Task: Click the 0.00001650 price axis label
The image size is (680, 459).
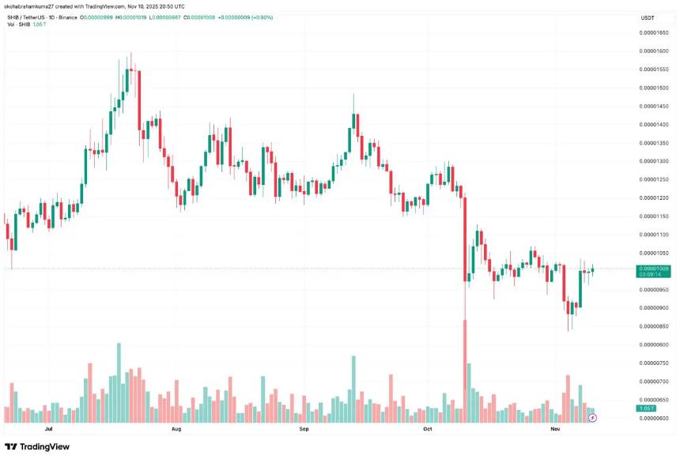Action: pos(653,33)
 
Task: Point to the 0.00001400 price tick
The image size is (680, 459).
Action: pos(653,125)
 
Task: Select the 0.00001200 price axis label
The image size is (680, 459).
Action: pos(653,198)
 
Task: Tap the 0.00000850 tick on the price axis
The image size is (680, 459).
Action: pos(653,326)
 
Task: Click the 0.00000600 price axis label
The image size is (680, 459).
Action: pos(653,418)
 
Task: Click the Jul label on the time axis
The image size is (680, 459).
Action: pos(50,431)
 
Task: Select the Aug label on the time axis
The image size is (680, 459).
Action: pos(176,431)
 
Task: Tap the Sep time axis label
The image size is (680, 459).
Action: pos(304,431)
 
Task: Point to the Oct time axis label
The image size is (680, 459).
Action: pos(428,431)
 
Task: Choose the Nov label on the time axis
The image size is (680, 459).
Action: pos(555,431)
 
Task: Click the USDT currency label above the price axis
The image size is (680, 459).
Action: pos(648,18)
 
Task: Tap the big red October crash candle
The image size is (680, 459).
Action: pos(465,237)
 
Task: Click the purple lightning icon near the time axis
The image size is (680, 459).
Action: pos(593,417)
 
